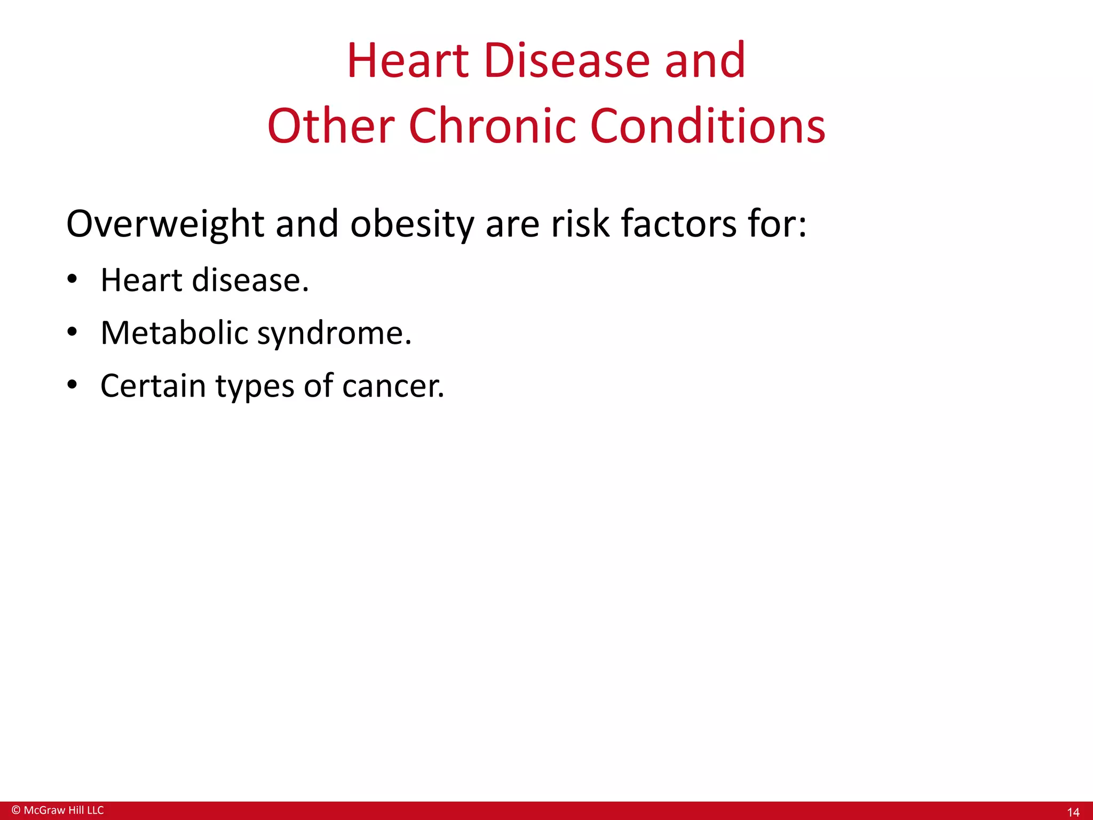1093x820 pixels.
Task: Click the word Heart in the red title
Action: coord(408,61)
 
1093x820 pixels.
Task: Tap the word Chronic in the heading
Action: coord(492,127)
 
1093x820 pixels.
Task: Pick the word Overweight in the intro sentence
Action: coord(164,224)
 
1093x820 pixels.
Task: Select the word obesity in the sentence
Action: coord(412,224)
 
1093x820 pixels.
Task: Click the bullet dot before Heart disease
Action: coord(73,279)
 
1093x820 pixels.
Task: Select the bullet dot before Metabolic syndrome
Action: coord(73,332)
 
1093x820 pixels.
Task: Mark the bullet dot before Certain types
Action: coord(73,384)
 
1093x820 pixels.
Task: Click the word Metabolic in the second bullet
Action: coord(174,333)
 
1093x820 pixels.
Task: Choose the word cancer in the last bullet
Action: coord(393,387)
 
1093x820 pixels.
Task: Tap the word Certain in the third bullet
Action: coord(153,385)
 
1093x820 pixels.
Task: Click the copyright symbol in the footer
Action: coord(15,810)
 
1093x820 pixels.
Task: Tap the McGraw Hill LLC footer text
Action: coord(64,810)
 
